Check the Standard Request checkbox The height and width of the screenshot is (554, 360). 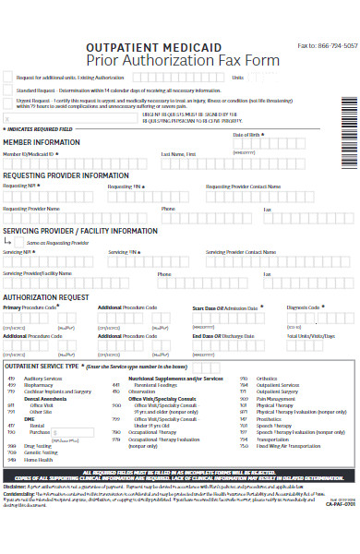click(8, 90)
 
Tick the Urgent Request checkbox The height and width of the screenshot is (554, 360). click(8, 102)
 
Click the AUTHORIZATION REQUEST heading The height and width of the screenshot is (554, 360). click(46, 297)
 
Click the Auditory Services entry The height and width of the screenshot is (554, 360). click(43, 379)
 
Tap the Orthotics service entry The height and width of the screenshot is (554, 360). click(267, 379)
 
